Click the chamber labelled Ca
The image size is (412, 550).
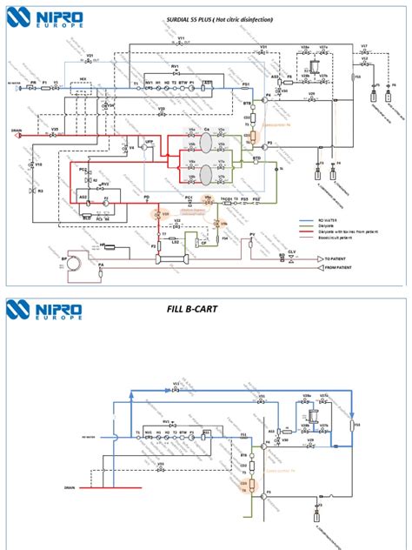(207, 130)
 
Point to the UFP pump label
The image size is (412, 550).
(149, 141)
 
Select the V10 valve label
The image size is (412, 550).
(38, 163)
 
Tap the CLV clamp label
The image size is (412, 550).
(292, 251)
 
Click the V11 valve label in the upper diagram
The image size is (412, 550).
(181, 39)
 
